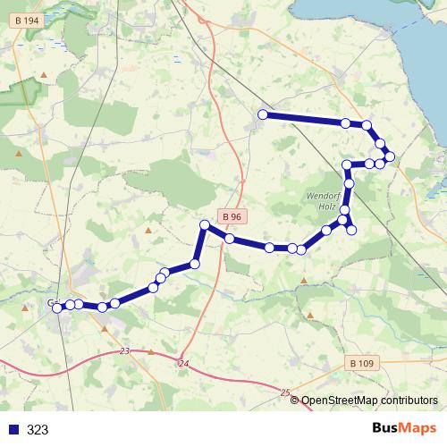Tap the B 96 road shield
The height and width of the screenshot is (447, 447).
click(232, 216)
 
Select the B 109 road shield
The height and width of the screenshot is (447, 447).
click(360, 363)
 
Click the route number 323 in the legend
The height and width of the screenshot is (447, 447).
click(38, 430)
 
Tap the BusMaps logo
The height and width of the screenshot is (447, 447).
click(406, 429)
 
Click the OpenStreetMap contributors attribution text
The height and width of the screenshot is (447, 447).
click(369, 401)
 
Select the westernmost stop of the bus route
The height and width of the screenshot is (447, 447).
click(58, 308)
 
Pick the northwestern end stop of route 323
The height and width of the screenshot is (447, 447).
click(263, 114)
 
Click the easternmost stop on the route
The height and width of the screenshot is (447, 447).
click(390, 156)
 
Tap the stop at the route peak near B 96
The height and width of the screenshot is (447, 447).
click(205, 224)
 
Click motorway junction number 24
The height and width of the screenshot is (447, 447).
click(184, 363)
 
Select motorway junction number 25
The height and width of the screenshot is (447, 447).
click(285, 392)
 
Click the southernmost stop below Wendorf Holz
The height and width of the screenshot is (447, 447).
click(351, 230)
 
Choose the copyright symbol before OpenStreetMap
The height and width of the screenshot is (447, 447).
click(295, 401)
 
